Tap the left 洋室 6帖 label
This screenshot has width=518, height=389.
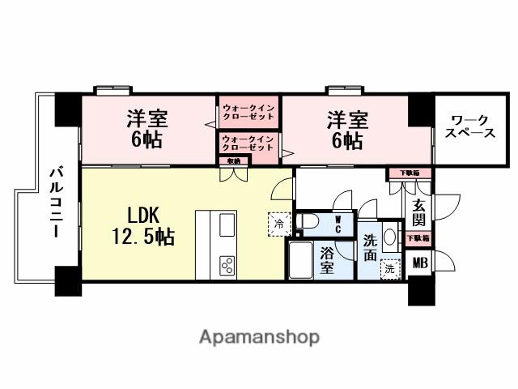pos(146,130)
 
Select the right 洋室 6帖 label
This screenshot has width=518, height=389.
pos(347,130)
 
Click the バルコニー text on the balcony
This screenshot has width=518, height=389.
pos(56,202)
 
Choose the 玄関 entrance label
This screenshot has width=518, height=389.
pos(419,212)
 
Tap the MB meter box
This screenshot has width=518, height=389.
pos(419,262)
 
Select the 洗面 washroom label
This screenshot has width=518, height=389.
pos(369,246)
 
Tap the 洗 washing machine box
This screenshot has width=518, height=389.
pos(391,268)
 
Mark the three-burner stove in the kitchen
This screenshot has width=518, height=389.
pos(227,264)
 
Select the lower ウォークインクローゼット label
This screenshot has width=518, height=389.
pos(248,143)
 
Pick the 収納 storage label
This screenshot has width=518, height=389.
pos(233,160)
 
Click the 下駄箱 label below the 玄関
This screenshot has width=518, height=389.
pos(418,238)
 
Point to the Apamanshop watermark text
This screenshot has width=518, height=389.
pos(259,336)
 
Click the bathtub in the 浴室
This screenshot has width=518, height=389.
pos(300,259)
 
